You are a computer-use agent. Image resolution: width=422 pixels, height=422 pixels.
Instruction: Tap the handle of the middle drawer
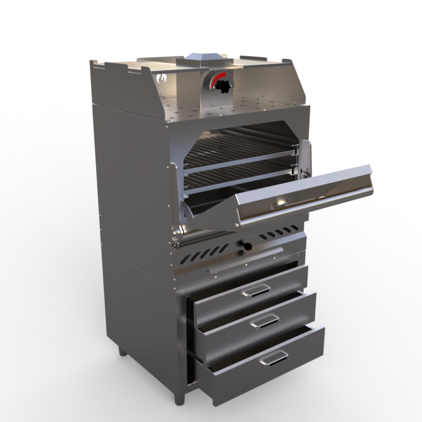(x=264, y=321)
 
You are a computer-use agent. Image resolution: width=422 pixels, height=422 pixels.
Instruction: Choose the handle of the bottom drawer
(x=274, y=358)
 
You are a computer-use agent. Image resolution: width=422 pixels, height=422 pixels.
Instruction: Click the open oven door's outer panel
(x=305, y=197)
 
